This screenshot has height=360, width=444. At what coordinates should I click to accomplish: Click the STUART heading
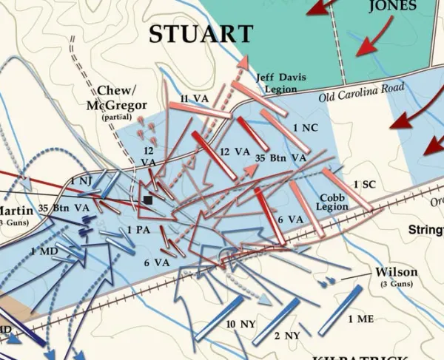[201, 34]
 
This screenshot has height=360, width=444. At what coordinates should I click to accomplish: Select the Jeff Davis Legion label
[276, 82]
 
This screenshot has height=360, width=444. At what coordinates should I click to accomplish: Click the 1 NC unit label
[305, 128]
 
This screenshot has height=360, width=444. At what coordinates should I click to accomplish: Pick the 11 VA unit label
[194, 98]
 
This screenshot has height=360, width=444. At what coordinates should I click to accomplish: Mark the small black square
[149, 200]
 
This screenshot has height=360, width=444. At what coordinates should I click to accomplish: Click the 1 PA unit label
[138, 230]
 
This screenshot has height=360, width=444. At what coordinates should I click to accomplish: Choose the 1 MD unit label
[44, 252]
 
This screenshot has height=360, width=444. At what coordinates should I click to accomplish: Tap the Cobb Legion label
[333, 203]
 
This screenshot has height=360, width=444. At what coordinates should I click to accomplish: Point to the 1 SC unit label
[365, 184]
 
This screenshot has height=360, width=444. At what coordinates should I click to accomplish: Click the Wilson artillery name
[397, 271]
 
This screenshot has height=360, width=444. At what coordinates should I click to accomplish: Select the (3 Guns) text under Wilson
[397, 284]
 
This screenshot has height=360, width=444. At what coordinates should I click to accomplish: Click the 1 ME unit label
[362, 319]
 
